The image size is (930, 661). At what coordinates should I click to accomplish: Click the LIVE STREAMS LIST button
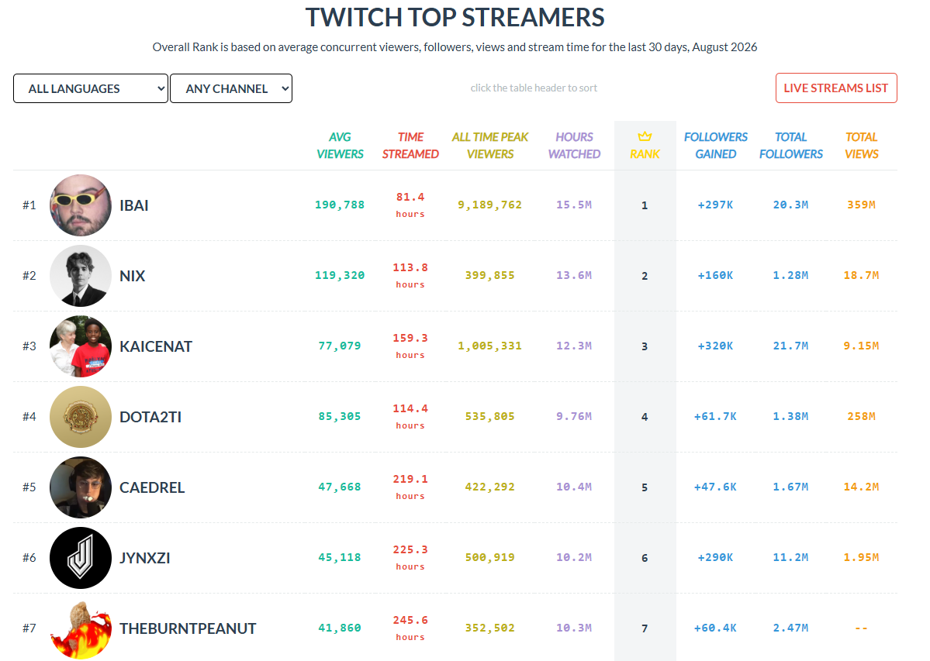(835, 88)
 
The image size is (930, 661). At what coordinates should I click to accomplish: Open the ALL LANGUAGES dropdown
(91, 88)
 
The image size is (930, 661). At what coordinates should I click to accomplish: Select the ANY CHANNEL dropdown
(230, 88)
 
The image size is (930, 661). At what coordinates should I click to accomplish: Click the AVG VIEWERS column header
(340, 145)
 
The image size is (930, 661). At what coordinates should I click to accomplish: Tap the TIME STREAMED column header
(410, 145)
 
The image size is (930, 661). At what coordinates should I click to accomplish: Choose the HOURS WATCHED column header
(574, 145)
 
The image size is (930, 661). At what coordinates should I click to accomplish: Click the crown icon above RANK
(645, 137)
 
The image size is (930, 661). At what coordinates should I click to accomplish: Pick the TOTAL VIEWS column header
(861, 145)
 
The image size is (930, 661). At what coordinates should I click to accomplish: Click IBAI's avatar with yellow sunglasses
(81, 205)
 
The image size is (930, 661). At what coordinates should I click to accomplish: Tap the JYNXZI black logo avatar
(81, 557)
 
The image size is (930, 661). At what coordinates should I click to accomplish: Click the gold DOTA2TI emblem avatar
(81, 416)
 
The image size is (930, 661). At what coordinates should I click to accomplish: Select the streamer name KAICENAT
(156, 346)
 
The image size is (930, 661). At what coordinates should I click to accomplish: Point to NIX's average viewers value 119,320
(340, 275)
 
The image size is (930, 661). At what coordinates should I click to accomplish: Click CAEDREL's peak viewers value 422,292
(490, 487)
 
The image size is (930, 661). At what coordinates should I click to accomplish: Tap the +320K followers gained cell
(715, 346)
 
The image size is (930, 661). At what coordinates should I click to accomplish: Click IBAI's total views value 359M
(861, 205)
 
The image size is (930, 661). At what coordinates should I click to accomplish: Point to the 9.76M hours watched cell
(574, 416)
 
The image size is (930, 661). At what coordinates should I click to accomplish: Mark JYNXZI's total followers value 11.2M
(790, 557)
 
